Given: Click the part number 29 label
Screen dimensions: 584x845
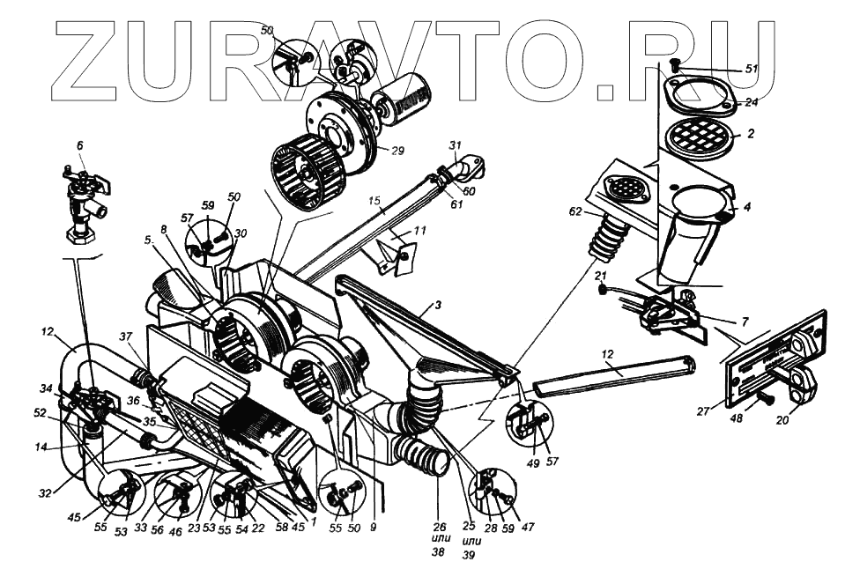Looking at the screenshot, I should pos(397,151).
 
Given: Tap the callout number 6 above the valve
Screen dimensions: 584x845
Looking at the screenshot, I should pos(79,146).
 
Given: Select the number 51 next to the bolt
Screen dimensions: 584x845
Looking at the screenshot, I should pos(751,69).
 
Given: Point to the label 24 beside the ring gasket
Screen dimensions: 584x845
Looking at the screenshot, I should pos(751,102).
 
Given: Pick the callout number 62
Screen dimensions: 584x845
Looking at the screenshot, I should pos(574,211).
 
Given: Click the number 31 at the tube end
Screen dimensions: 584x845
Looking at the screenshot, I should pos(455,146).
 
